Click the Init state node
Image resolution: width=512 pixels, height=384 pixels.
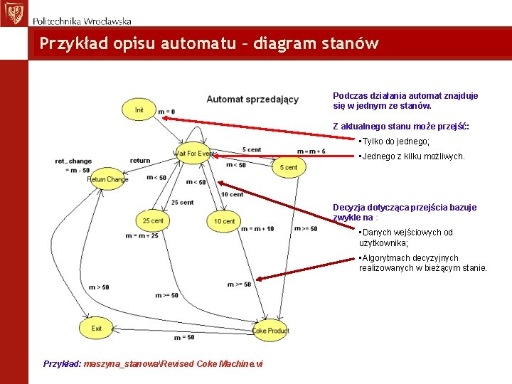point(139,110)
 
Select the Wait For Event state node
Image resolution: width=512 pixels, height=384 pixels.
point(193,154)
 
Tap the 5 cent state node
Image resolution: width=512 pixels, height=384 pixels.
point(289,167)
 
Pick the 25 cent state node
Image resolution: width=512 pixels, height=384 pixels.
point(153,220)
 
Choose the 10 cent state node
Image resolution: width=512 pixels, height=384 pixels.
point(224,221)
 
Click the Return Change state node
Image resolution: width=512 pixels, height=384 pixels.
point(107,179)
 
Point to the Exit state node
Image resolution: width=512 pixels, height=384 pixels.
point(97,329)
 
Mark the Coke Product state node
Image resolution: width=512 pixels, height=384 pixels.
point(270,331)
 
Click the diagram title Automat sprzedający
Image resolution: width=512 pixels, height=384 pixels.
point(252,99)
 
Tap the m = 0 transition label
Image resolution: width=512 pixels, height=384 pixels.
point(166,112)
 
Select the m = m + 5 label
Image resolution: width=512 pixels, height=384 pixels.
point(311,151)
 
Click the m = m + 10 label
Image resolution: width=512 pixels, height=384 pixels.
point(257,229)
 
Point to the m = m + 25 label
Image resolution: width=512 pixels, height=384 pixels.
point(142,235)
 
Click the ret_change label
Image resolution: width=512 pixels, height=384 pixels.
point(73,161)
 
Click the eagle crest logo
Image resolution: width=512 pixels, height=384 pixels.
point(12,12)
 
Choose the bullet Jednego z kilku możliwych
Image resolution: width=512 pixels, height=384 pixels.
point(412,156)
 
